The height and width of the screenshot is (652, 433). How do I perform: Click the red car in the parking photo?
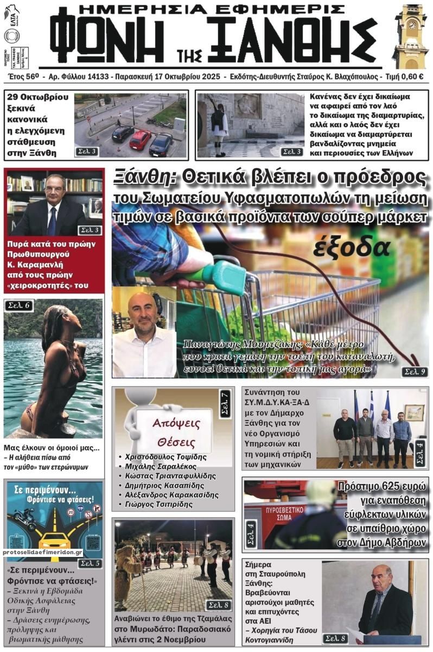pyautogui.click(x=140, y=140)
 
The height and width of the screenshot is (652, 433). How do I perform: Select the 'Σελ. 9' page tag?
pyautogui.click(x=414, y=372)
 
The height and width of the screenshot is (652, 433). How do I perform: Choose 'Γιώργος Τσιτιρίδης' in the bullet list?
pyautogui.click(x=158, y=504)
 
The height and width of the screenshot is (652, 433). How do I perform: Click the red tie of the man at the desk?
pyautogui.click(x=52, y=220)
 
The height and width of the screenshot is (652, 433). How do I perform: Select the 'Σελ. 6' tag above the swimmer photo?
pyautogui.click(x=20, y=305)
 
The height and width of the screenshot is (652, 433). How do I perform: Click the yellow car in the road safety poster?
pyautogui.click(x=55, y=541)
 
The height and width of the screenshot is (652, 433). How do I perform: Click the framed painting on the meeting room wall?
pyautogui.click(x=414, y=412)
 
